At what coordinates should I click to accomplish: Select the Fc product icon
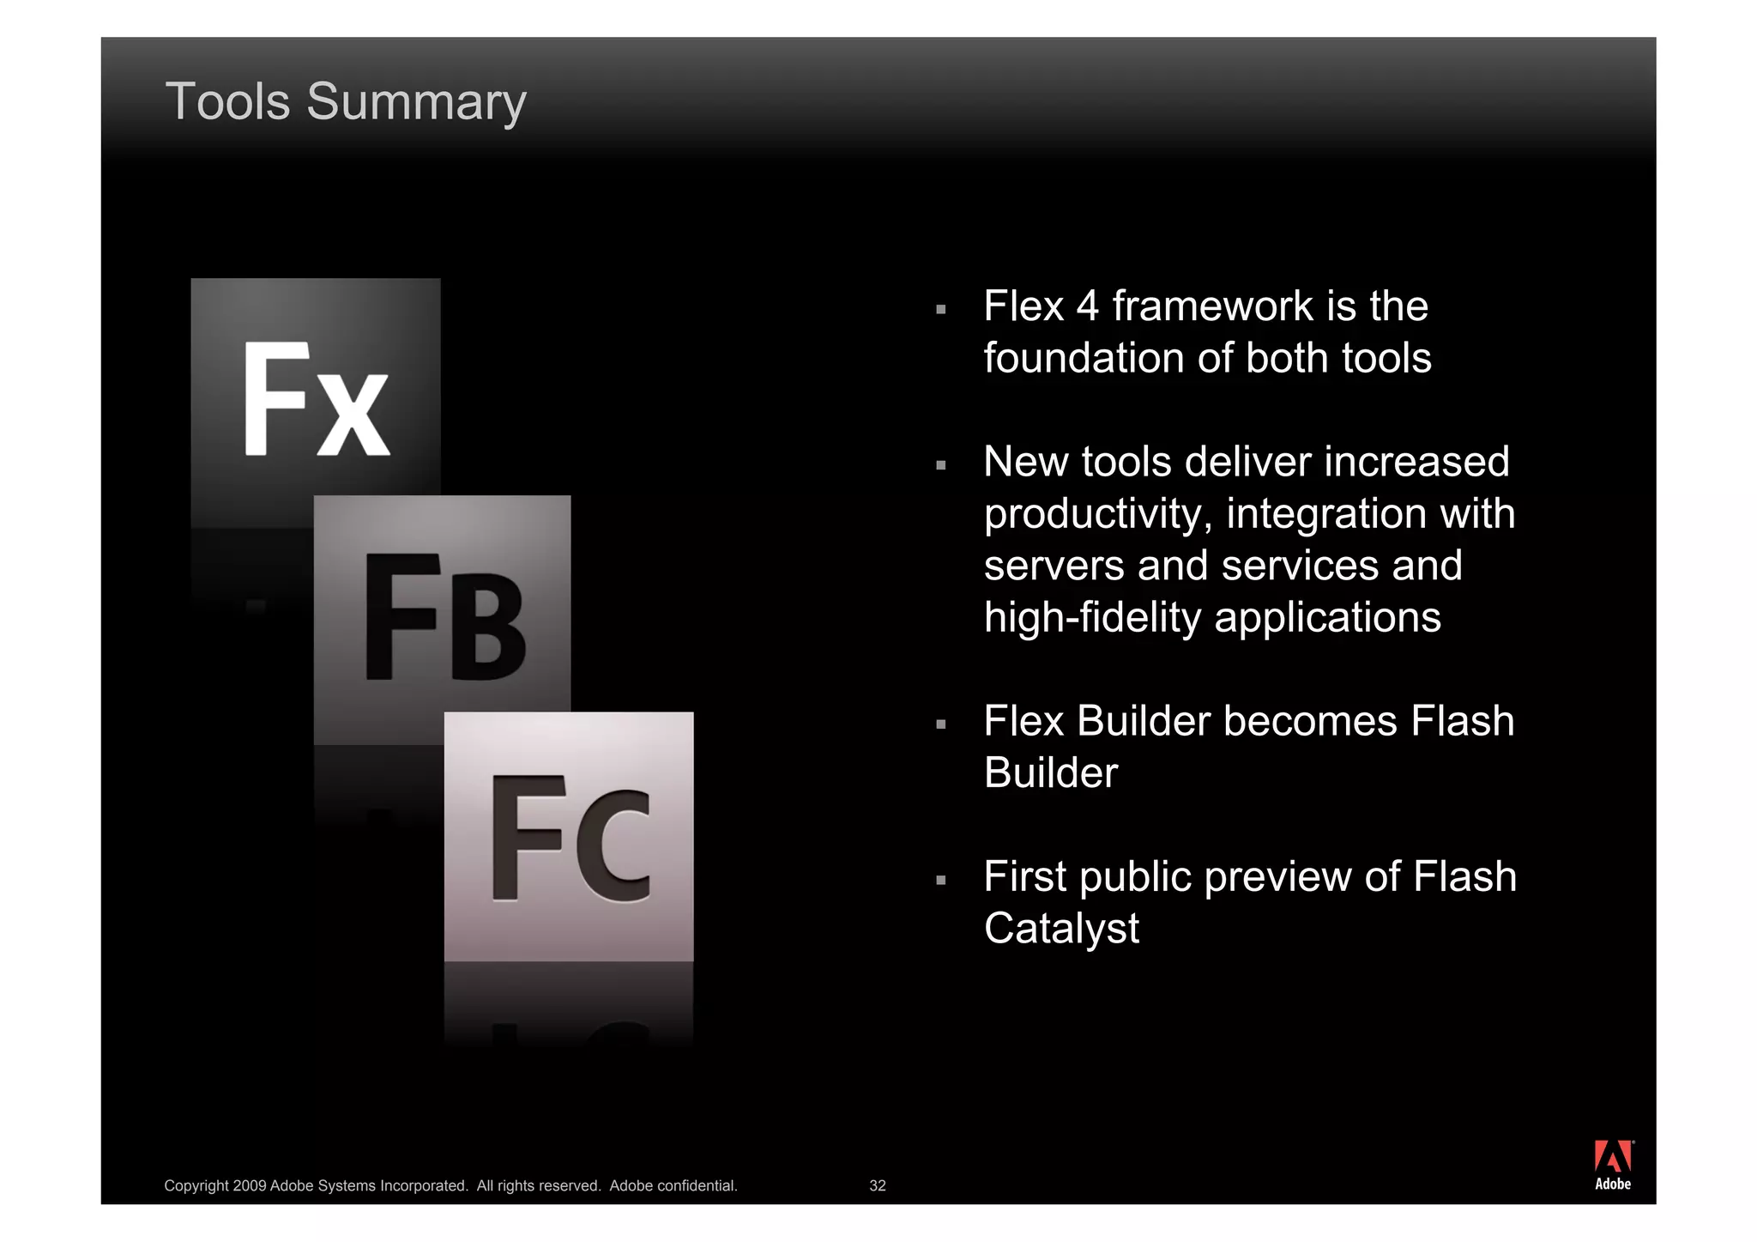tap(569, 836)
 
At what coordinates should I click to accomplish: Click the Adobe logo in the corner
tap(1613, 1165)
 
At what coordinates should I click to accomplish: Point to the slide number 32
tap(877, 1185)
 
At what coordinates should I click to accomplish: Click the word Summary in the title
tap(416, 102)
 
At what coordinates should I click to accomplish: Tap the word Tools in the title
tap(227, 102)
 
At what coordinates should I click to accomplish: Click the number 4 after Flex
tap(1087, 306)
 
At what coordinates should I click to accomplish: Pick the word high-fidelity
tap(1092, 618)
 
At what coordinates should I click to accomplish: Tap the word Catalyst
tap(1061, 929)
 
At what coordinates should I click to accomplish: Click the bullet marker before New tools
tap(941, 465)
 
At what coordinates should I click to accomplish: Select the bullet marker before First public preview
tap(941, 880)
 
